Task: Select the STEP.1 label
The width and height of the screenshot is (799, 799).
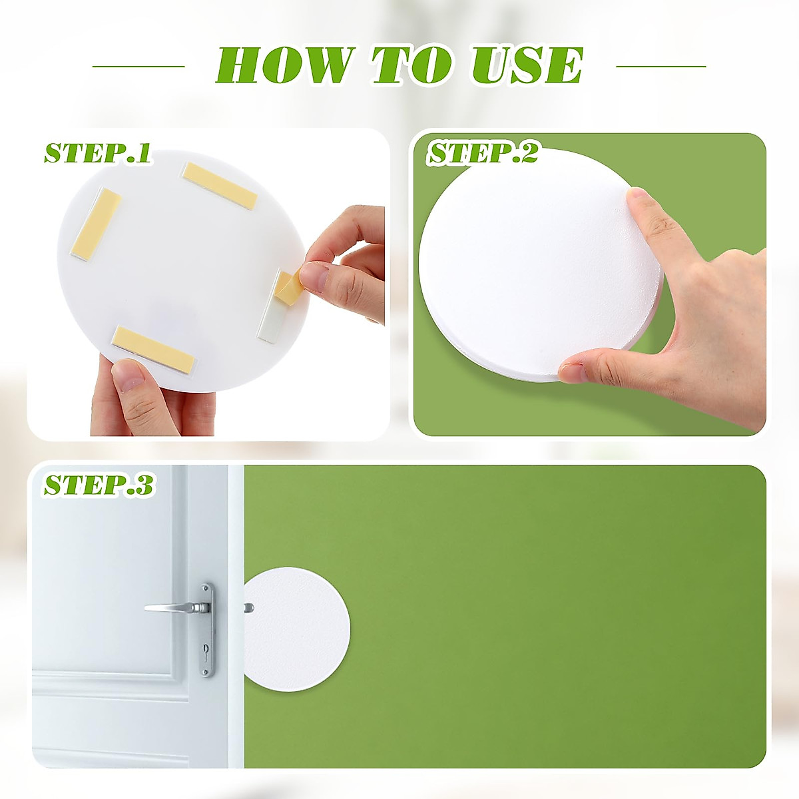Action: point(97,153)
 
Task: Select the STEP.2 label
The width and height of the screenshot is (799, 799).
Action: point(483,154)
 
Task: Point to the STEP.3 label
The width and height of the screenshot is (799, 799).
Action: point(99,485)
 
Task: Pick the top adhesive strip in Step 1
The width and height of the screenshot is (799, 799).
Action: point(220,184)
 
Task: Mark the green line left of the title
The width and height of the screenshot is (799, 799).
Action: point(138,66)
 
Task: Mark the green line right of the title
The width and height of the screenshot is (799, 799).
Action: point(661,66)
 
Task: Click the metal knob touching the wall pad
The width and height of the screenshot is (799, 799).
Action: point(248,608)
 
